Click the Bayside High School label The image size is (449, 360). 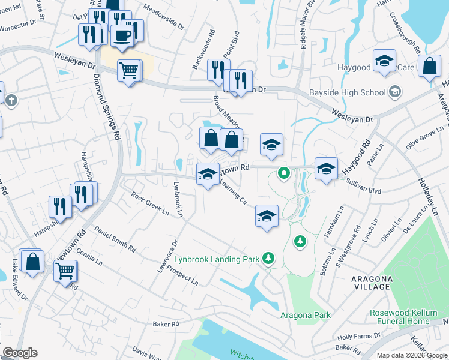click(x=347, y=92)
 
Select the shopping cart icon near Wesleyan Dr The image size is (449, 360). click(x=129, y=71)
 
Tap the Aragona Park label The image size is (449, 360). click(x=306, y=315)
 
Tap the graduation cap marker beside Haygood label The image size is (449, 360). click(x=384, y=61)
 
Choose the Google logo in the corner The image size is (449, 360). click(x=20, y=353)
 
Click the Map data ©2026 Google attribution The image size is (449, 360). click(x=412, y=355)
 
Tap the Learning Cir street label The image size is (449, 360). click(x=234, y=194)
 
